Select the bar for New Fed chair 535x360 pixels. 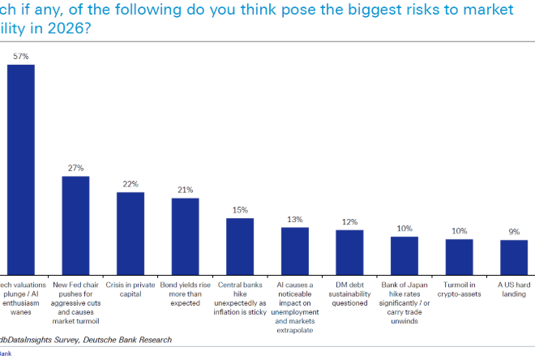pyautogui.click(x=75, y=225)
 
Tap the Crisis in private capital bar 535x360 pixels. pyautogui.click(x=130, y=233)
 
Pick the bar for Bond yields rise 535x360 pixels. pyautogui.click(x=185, y=236)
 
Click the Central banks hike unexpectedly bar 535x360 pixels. pyautogui.click(x=240, y=246)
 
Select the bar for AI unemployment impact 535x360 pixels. pyautogui.click(x=294, y=251)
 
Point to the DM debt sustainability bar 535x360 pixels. pyautogui.click(x=349, y=252)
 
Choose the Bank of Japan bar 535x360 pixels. pyautogui.click(x=404, y=255)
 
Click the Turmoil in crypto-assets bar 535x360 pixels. pyautogui.click(x=459, y=256)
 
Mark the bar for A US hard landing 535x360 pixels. pyautogui.click(x=514, y=257)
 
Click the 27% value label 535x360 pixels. pyautogui.click(x=75, y=169)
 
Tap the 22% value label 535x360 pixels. pyautogui.click(x=130, y=185)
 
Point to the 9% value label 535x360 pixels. pyautogui.click(x=514, y=232)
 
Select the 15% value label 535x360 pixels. pyautogui.click(x=240, y=211)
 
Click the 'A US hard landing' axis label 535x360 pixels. pyautogui.click(x=514, y=289)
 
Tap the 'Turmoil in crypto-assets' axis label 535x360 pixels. pyautogui.click(x=459, y=289)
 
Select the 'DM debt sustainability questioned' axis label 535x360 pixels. pyautogui.click(x=349, y=294)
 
